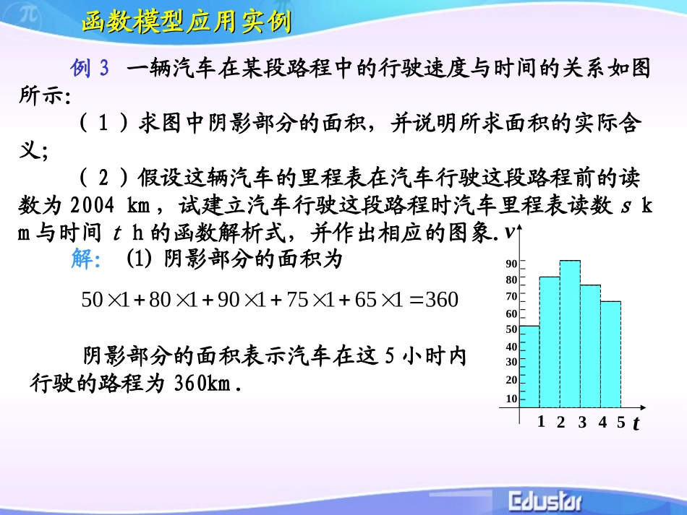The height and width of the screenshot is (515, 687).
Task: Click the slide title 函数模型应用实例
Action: pyautogui.click(x=186, y=23)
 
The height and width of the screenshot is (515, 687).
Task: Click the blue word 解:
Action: pyautogui.click(x=85, y=259)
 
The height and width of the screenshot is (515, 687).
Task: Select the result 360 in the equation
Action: pyautogui.click(x=441, y=299)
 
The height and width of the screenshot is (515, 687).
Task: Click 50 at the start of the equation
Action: pyautogui.click(x=93, y=299)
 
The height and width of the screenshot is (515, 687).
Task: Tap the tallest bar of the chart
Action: pyautogui.click(x=570, y=334)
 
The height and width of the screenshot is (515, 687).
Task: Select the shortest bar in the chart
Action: pyautogui.click(x=529, y=366)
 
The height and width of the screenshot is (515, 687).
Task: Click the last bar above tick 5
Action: pyautogui.click(x=610, y=354)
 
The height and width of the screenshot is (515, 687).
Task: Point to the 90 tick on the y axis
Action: pyautogui.click(x=511, y=264)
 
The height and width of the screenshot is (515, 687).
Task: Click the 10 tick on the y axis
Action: pyautogui.click(x=511, y=399)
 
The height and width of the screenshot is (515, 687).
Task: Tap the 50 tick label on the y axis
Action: pyautogui.click(x=511, y=329)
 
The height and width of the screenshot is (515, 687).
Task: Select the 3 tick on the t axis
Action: pyautogui.click(x=581, y=423)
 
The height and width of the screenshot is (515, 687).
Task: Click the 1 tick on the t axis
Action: pyautogui.click(x=540, y=423)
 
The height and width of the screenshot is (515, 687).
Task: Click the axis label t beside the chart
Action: pyautogui.click(x=636, y=424)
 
